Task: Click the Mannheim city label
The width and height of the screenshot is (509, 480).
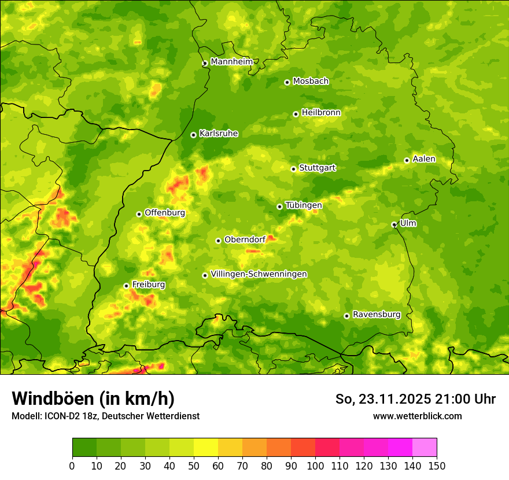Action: click(231, 61)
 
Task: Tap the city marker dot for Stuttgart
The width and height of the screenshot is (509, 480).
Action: click(293, 169)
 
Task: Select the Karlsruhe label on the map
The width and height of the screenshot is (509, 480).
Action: click(218, 134)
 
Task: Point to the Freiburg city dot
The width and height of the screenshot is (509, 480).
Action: click(126, 286)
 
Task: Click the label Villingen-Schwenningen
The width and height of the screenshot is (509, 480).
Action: click(259, 274)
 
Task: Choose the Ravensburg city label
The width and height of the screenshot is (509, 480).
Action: click(376, 315)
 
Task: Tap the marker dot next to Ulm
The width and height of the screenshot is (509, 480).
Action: click(394, 224)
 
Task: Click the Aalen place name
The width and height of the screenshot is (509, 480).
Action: click(424, 159)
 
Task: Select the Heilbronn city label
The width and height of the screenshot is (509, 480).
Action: click(321, 113)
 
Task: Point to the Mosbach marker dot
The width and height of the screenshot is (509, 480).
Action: click(287, 82)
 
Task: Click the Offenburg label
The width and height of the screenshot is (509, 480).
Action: click(164, 213)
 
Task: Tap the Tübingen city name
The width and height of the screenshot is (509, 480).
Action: click(303, 205)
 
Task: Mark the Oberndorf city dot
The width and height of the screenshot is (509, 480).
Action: click(218, 241)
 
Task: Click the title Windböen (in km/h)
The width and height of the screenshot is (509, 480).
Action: click(93, 398)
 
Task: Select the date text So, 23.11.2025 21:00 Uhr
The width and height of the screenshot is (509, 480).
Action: click(415, 399)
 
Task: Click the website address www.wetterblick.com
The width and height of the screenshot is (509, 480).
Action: click(417, 416)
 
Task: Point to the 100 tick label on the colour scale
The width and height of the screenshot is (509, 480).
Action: click(315, 466)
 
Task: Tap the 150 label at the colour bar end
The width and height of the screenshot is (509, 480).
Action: click(437, 466)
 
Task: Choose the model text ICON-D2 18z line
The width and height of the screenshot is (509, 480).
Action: click(105, 416)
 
